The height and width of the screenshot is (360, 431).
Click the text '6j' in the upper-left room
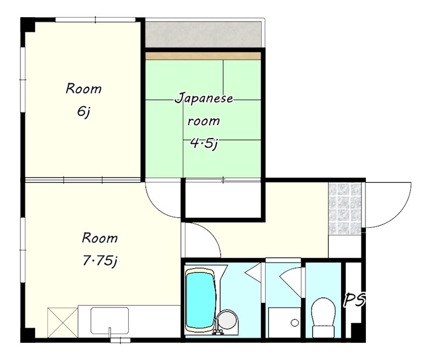coord(83,112)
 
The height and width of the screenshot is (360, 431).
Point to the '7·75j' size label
coord(100,261)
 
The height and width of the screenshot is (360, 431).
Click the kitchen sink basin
coord(109,320)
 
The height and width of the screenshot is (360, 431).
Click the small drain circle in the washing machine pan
coord(295,323)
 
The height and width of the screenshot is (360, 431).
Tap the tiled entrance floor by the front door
coord(344,209)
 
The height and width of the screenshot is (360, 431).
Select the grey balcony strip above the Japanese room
coord(203,34)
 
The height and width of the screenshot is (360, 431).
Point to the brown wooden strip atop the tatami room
coord(203,56)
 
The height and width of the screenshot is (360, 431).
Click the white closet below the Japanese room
coord(223,200)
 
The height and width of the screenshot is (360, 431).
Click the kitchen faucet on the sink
coord(110,331)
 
